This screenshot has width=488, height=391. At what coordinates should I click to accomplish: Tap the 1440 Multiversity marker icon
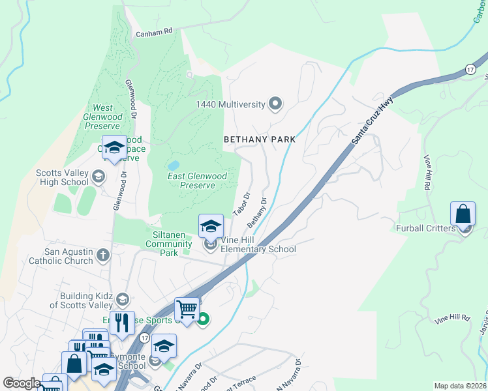(x=275, y=104)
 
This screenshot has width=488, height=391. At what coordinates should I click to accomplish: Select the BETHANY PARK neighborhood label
(x=260, y=139)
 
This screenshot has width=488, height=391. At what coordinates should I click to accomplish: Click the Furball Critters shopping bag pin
(x=463, y=214)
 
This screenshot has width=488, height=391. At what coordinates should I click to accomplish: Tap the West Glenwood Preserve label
(x=102, y=117)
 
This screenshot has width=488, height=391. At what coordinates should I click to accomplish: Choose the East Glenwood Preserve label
(x=197, y=181)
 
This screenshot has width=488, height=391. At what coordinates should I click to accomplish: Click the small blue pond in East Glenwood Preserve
(x=174, y=166)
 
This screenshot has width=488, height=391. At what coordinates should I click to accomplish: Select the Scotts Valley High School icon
(x=98, y=176)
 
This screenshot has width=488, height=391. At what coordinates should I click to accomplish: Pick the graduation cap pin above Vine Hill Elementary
(x=211, y=226)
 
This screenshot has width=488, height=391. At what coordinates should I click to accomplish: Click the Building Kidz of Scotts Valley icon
(x=122, y=299)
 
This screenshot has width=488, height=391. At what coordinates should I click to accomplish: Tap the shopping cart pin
(x=187, y=309)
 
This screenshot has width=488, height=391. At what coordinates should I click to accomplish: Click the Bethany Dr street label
(x=258, y=212)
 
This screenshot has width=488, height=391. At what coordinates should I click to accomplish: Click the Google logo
(x=22, y=383)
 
